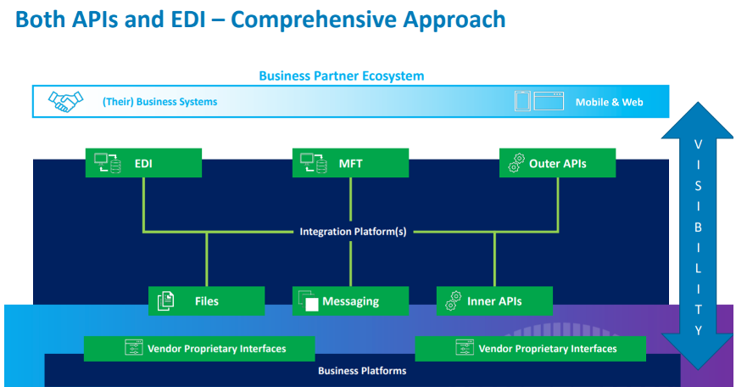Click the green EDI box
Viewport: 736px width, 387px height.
[143, 163]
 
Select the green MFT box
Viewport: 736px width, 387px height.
[350, 163]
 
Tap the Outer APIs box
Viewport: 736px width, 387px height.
[557, 163]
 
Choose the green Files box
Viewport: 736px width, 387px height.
[207, 301]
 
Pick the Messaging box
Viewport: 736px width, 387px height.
[350, 301]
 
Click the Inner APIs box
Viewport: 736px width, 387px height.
[494, 301]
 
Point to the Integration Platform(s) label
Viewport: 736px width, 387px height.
[353, 232]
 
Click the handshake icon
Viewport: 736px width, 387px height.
[66, 102]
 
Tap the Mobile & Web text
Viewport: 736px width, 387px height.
[610, 102]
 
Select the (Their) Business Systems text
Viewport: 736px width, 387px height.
[159, 102]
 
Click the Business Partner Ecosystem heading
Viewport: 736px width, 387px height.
[341, 76]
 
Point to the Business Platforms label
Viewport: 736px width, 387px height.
[362, 371]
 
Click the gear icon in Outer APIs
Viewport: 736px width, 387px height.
[516, 162]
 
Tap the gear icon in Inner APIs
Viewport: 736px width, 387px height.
[454, 300]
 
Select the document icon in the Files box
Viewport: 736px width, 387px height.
[165, 300]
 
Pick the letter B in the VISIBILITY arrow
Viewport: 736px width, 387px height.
[698, 227]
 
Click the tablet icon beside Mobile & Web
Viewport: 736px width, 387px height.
[522, 101]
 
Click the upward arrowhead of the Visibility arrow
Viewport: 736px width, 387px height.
[698, 121]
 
